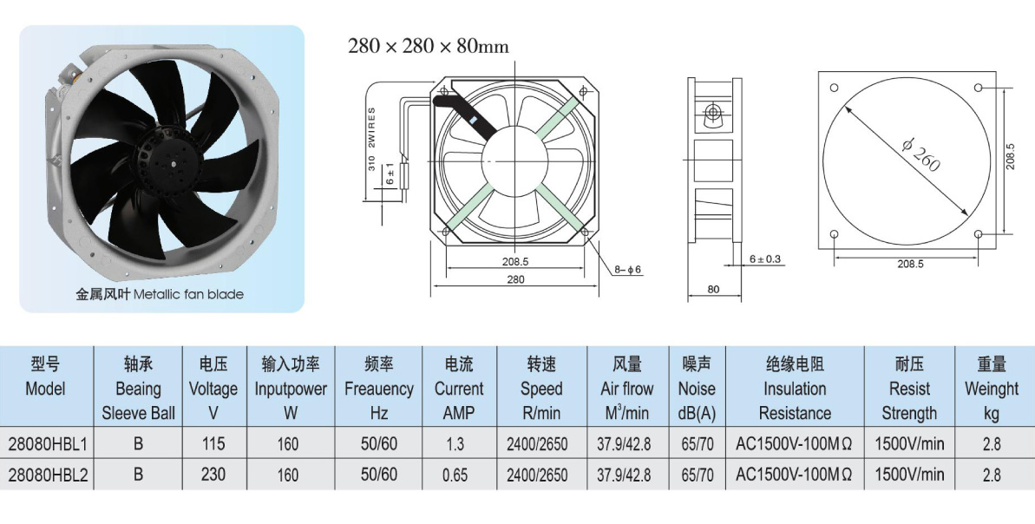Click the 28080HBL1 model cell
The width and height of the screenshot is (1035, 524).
pyautogui.click(x=47, y=444)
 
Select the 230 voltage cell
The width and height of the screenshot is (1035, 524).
pyautogui.click(x=213, y=475)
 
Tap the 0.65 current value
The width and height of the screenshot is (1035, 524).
pyautogui.click(x=455, y=475)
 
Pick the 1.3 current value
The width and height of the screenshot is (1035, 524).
pyautogui.click(x=455, y=444)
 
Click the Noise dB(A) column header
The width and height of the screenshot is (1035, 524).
pyautogui.click(x=697, y=388)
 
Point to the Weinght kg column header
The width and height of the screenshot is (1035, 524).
pyautogui.click(x=992, y=388)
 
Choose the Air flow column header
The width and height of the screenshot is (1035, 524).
pyautogui.click(x=627, y=388)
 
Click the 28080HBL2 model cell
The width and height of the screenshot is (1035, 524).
pyautogui.click(x=47, y=475)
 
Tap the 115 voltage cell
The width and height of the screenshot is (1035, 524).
pyautogui.click(x=213, y=444)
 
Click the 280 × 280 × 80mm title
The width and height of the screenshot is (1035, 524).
pyautogui.click(x=429, y=46)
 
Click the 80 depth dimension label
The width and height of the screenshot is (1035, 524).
pyautogui.click(x=713, y=289)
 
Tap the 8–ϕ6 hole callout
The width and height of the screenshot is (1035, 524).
pyautogui.click(x=628, y=270)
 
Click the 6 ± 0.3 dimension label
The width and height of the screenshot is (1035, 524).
pyautogui.click(x=765, y=259)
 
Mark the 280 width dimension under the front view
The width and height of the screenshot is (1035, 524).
pyautogui.click(x=515, y=279)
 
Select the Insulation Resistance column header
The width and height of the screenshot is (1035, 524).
pyautogui.click(x=795, y=388)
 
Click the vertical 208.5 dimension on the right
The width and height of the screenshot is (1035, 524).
pyautogui.click(x=1011, y=156)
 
